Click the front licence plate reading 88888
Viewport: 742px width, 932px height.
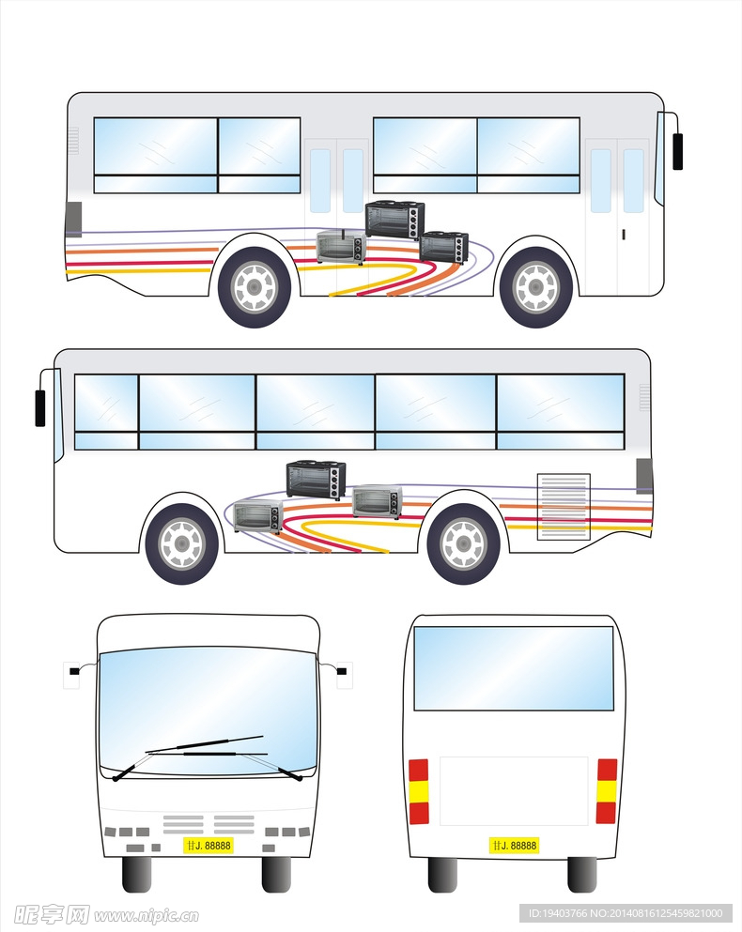pos(209,846)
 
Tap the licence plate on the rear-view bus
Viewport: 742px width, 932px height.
pos(514,846)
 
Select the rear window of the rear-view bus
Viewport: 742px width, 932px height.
pos(514,668)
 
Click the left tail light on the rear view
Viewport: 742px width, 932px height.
pos(419,791)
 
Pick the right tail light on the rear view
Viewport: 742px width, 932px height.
pos(607,791)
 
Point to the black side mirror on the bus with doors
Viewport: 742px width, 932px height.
pos(677,151)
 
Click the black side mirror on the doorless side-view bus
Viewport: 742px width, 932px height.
pos(40,407)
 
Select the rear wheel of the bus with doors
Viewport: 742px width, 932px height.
pos(255,287)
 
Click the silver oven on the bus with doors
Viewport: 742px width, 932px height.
pos(339,248)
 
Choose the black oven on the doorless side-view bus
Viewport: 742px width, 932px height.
pos(317,479)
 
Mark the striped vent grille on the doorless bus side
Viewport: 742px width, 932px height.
pos(564,507)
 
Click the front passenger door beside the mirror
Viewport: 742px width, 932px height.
pos(617,216)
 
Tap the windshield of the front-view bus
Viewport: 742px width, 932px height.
pos(208,709)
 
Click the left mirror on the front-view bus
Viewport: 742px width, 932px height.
pos(74,671)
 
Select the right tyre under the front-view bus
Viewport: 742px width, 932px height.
pos(276,874)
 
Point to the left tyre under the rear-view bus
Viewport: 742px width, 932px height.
pos(442,874)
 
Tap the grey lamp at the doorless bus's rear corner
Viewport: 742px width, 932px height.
pos(644,476)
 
